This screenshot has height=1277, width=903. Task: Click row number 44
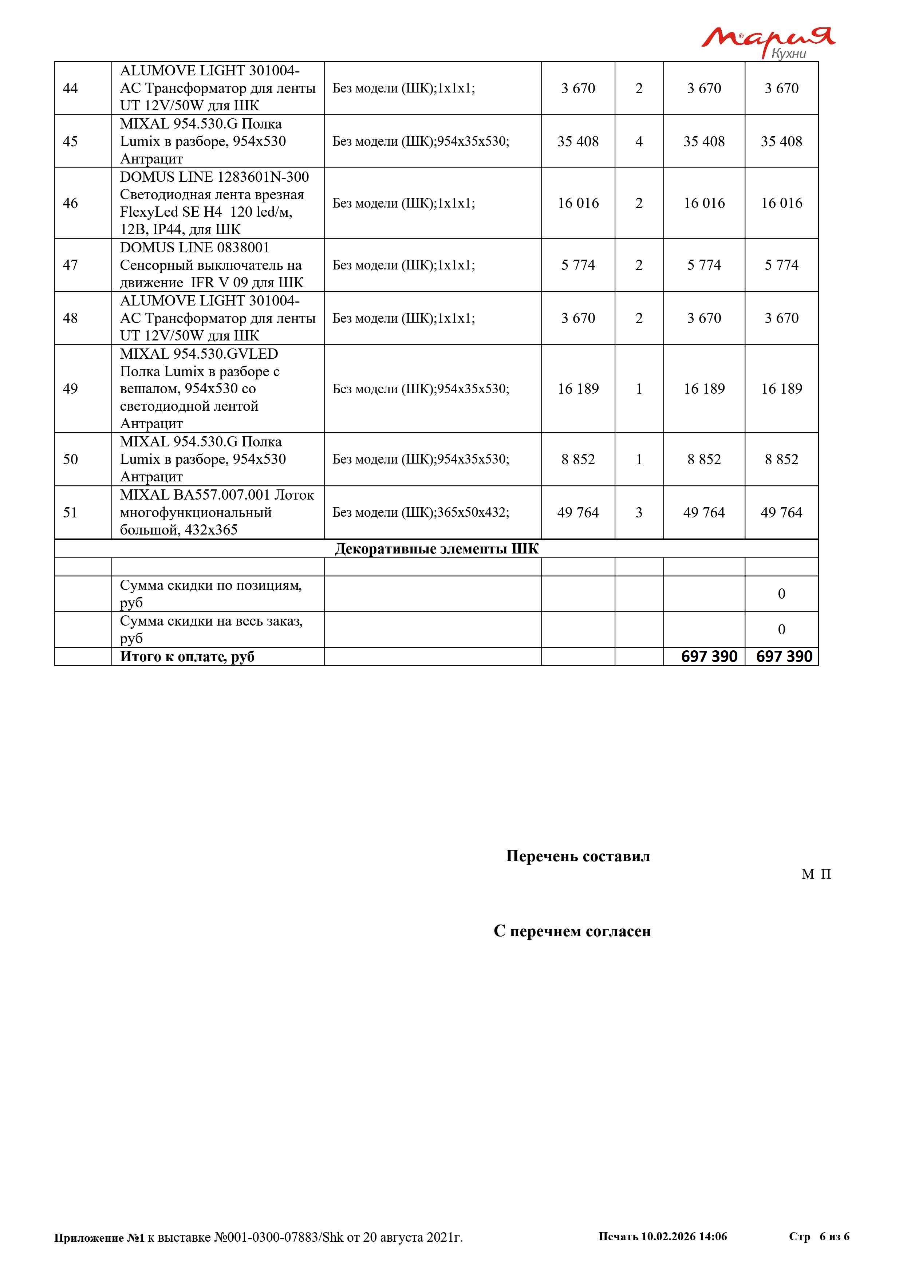[71, 88]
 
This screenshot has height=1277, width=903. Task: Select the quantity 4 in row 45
[639, 141]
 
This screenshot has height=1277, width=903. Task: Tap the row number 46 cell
[71, 203]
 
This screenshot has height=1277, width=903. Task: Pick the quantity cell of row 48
[639, 318]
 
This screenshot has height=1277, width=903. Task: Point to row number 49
[71, 389]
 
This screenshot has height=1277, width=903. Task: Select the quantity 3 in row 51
[639, 512]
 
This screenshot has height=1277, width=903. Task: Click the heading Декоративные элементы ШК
[437, 549]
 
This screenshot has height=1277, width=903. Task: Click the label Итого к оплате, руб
[188, 657]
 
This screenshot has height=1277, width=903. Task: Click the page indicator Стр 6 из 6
[819, 1236]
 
